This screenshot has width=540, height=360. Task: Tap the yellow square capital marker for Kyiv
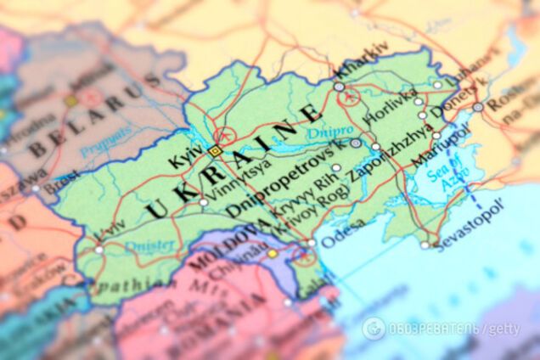(x=214, y=151)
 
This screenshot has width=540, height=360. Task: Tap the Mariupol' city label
(x=440, y=148)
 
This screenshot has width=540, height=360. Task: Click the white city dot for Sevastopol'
(x=425, y=245)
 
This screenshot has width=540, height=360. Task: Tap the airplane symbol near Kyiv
(x=225, y=135)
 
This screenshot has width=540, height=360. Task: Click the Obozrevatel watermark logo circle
(x=374, y=329)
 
